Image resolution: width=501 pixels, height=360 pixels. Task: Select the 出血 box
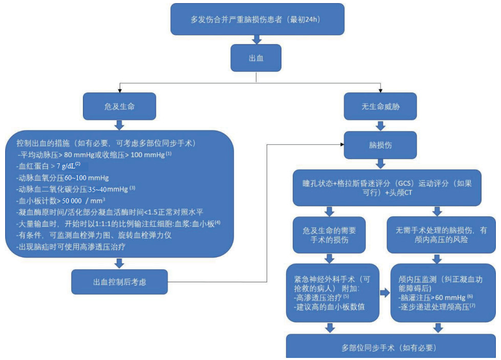[x=256, y=58]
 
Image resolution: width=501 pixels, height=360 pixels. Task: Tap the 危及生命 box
[x=119, y=106]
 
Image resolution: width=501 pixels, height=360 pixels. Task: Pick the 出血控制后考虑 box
[x=119, y=282]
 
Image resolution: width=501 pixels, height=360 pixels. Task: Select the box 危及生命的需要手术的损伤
[x=330, y=235]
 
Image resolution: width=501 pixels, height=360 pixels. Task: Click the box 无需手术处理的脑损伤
[x=438, y=235]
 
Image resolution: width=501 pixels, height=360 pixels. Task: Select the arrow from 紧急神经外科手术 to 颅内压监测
[x=385, y=292]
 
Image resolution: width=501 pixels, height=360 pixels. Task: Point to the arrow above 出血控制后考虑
[x=119, y=263]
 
